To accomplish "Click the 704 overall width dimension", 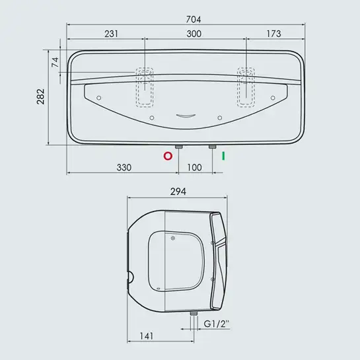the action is click(x=194, y=20).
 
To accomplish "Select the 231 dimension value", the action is click(x=112, y=34).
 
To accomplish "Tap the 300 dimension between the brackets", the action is click(x=194, y=34).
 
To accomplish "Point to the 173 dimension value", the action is click(x=273, y=34).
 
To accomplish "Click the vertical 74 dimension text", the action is click(x=55, y=62).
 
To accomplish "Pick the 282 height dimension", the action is click(x=41, y=96).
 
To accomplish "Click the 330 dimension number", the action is click(x=124, y=168).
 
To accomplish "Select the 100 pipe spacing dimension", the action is click(x=194, y=168).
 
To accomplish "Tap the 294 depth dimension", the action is click(x=178, y=192).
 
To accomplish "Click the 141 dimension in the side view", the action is click(x=147, y=336).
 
